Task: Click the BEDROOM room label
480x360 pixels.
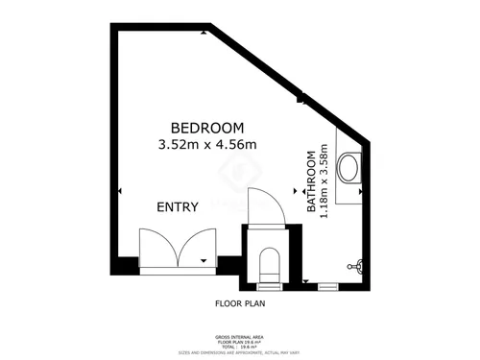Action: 207,128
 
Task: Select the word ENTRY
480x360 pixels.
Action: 178,206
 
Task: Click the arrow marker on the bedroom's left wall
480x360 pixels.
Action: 119,193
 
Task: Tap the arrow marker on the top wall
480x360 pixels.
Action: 204,32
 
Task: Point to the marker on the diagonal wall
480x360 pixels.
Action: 300,96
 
